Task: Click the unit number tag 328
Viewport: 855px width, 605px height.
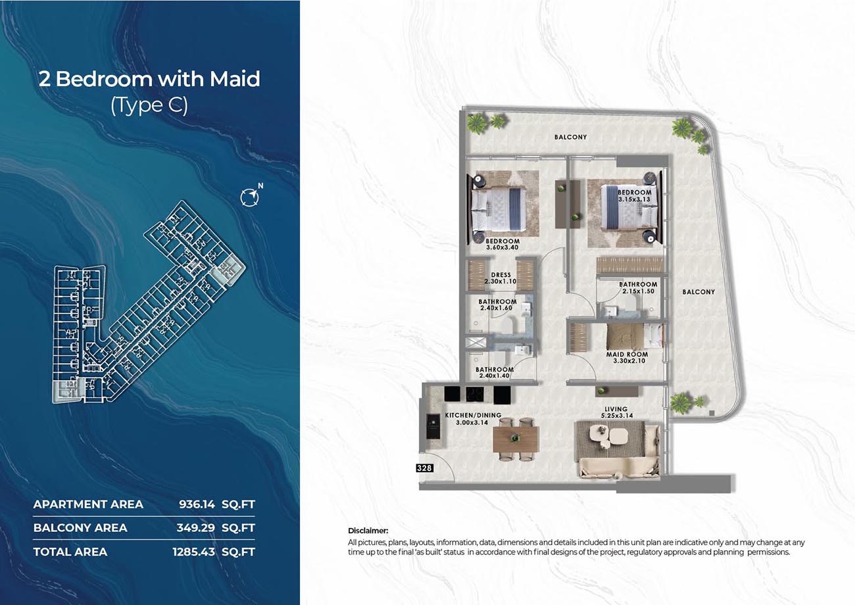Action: tap(424, 468)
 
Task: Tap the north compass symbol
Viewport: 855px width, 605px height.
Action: tap(251, 196)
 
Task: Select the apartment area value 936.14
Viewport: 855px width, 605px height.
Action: tap(197, 504)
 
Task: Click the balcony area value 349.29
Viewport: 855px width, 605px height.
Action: tap(196, 528)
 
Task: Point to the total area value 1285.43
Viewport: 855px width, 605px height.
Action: tap(194, 552)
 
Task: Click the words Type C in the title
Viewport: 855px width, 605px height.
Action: tap(149, 105)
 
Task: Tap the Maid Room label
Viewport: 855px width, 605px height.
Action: tap(627, 354)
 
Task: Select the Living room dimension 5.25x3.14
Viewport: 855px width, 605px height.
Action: tap(617, 416)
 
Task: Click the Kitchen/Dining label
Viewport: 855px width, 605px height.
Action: tap(473, 415)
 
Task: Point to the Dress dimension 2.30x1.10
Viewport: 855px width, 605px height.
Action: tap(501, 281)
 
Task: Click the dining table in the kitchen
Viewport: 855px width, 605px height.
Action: tap(515, 439)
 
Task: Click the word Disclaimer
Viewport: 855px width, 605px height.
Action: tap(368, 531)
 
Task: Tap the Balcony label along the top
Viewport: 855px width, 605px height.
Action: tap(571, 137)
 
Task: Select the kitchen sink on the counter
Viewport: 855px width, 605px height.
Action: tap(433, 426)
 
